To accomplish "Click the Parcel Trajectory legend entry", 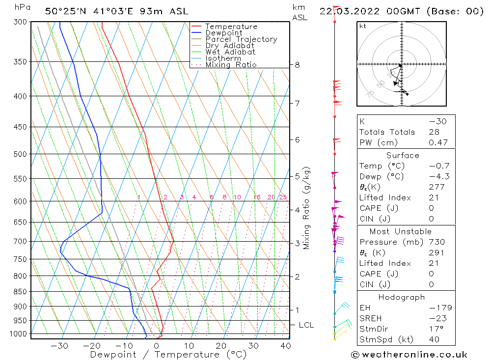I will click(241, 39).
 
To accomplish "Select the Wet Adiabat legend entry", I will click(230, 52).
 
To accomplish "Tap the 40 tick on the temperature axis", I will click(285, 346).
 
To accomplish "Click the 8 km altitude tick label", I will click(297, 65).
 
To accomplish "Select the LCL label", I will click(306, 325).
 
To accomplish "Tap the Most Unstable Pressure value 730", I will click(436, 242).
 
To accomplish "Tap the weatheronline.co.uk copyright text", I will click(409, 355).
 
